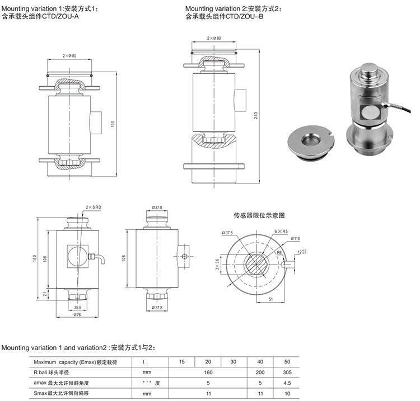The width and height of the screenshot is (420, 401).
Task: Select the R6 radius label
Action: (279, 252)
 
